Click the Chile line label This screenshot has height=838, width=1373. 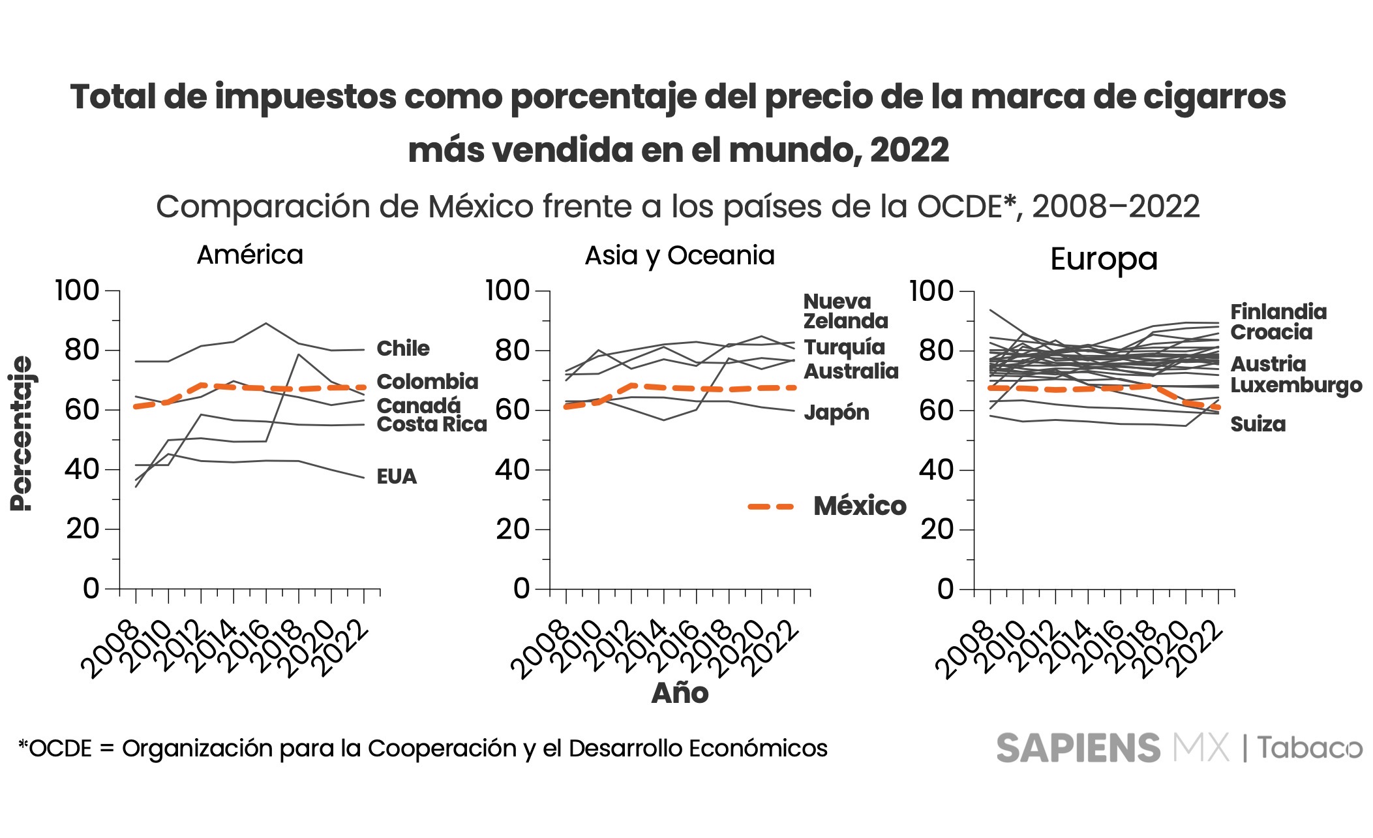402,349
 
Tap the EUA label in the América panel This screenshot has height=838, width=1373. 396,476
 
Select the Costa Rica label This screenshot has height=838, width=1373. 431,425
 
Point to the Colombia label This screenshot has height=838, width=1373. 427,382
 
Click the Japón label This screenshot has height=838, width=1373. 836,412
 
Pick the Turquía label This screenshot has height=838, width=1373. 844,347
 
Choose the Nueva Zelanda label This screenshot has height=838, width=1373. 845,311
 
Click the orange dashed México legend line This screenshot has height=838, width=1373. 770,506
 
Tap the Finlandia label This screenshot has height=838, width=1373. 1278,312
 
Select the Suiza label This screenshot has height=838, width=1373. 1258,424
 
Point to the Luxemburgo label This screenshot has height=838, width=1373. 1296,386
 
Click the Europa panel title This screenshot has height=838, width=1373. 1104,259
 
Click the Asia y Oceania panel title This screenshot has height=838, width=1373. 680,255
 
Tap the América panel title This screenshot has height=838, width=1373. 250,255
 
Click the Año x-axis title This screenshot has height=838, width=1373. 680,693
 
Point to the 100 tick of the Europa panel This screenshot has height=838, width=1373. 931,291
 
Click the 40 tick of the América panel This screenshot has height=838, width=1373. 82,470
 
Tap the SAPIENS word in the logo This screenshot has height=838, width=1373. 1078,748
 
